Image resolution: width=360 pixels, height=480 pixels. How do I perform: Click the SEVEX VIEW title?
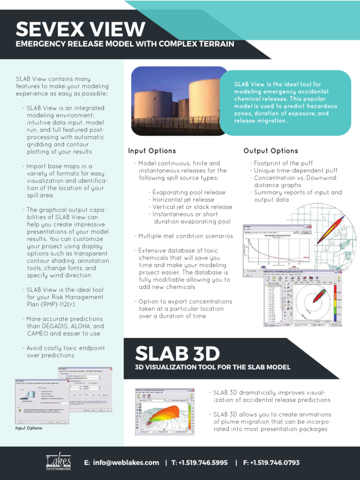tap(80, 29)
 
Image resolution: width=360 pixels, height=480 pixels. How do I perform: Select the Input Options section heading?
tap(152, 151)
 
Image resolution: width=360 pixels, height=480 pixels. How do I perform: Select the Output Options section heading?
tap(270, 151)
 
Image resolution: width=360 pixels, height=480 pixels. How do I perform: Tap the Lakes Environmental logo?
tap(59, 462)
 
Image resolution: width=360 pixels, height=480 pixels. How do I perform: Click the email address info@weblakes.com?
tap(121, 463)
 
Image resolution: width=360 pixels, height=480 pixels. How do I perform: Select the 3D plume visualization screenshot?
tap(164, 412)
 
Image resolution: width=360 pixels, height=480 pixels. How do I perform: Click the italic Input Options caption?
tap(29, 428)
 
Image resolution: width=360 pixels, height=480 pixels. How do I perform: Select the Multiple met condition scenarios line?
tap(186, 236)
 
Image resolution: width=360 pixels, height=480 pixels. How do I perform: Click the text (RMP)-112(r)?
tap(87, 304)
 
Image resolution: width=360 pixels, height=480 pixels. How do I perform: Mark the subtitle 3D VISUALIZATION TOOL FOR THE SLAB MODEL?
tap(212, 367)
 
